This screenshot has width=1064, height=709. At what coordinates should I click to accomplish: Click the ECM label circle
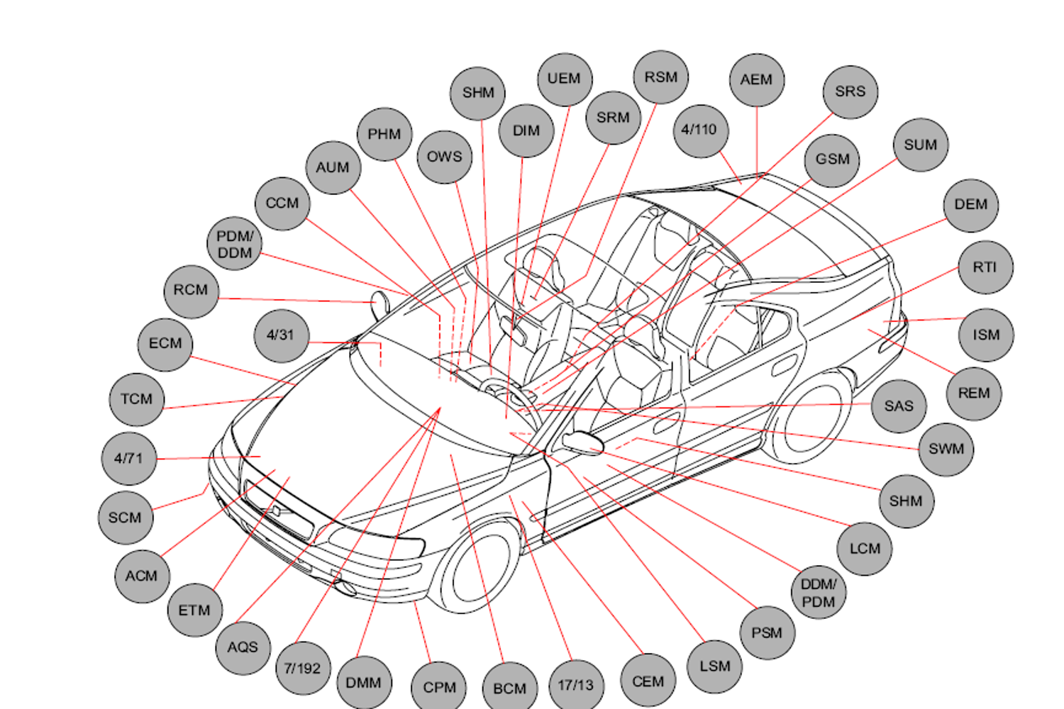[x=165, y=344]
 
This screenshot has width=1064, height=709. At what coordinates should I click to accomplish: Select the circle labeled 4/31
[x=281, y=335]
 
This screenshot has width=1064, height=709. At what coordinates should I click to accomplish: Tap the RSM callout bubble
[x=660, y=77]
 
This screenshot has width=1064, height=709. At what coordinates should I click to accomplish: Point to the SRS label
[x=850, y=92]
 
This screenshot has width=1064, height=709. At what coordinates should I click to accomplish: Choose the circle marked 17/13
[x=575, y=686]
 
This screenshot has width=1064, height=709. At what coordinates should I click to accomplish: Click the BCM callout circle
[x=509, y=688]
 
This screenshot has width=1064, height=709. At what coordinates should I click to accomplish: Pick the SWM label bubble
[x=946, y=449]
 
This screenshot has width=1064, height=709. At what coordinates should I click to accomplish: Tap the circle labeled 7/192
[x=302, y=669]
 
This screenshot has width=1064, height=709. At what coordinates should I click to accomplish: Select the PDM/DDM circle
[x=235, y=245]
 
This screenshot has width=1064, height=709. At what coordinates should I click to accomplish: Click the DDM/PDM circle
[x=819, y=593]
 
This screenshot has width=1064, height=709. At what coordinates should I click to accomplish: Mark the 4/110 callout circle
[x=700, y=130]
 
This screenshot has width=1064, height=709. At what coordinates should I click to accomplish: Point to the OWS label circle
[x=444, y=157]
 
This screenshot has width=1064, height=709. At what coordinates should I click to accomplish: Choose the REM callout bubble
[x=973, y=393]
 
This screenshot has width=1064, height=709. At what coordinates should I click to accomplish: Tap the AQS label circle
[x=243, y=647]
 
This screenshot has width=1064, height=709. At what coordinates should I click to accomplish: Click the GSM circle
[x=832, y=160]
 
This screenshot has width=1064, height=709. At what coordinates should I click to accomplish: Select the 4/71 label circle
[x=128, y=459]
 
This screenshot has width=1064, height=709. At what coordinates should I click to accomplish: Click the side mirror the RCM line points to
[x=382, y=303]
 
